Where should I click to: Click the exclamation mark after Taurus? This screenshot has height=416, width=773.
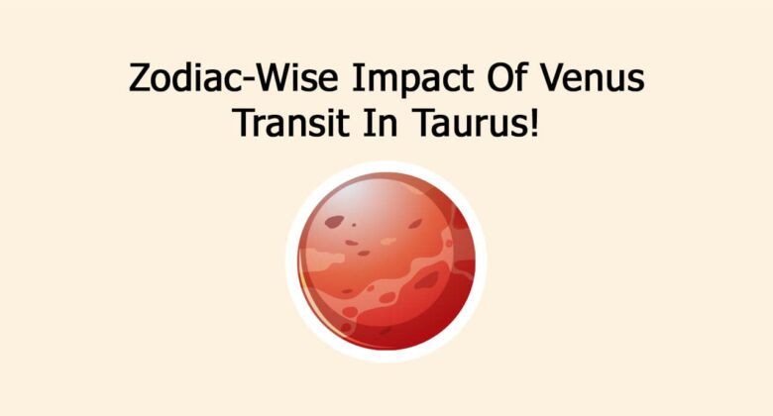tap(535, 126)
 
